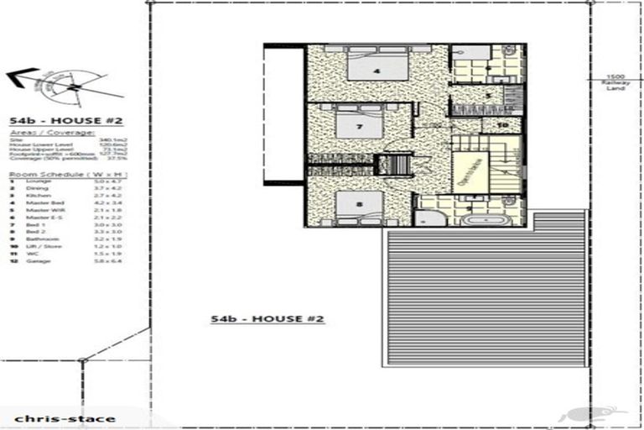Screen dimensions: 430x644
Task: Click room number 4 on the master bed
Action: point(376,71)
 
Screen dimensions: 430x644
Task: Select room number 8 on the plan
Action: point(359,203)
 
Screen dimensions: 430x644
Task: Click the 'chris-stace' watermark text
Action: point(60,417)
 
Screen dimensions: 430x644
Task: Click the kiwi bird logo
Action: point(595,414)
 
